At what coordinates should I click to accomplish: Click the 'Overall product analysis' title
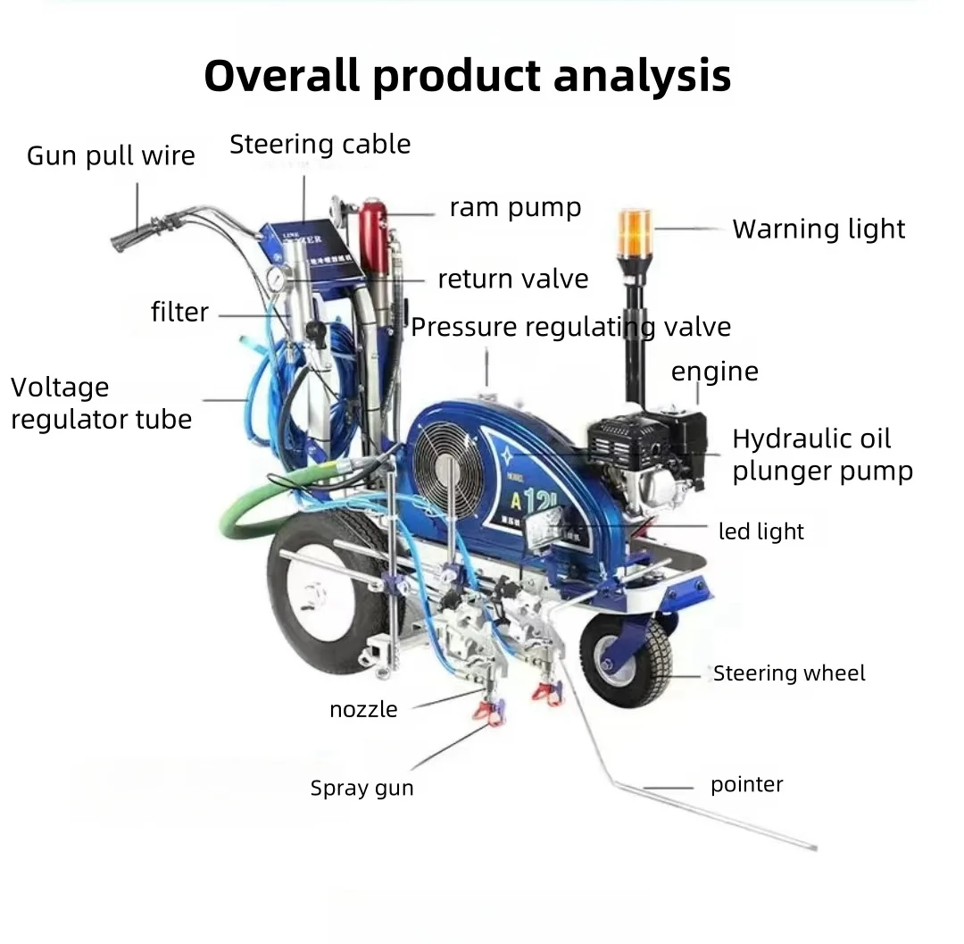(467, 77)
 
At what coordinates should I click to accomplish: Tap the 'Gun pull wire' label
(111, 155)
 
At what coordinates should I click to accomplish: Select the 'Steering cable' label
(320, 144)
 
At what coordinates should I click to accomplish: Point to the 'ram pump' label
(515, 208)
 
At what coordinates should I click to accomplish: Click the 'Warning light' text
(819, 230)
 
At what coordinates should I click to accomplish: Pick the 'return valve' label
(512, 279)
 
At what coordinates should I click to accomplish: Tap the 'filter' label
(179, 312)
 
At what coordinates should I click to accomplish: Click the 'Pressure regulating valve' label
(570, 327)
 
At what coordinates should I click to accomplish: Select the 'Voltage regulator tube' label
(101, 403)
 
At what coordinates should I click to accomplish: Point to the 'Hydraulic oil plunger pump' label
(822, 455)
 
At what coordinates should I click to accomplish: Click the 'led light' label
(760, 531)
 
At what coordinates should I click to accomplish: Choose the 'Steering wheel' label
(789, 673)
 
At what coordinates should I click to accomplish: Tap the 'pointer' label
(746, 785)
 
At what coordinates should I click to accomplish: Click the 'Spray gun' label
(361, 788)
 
